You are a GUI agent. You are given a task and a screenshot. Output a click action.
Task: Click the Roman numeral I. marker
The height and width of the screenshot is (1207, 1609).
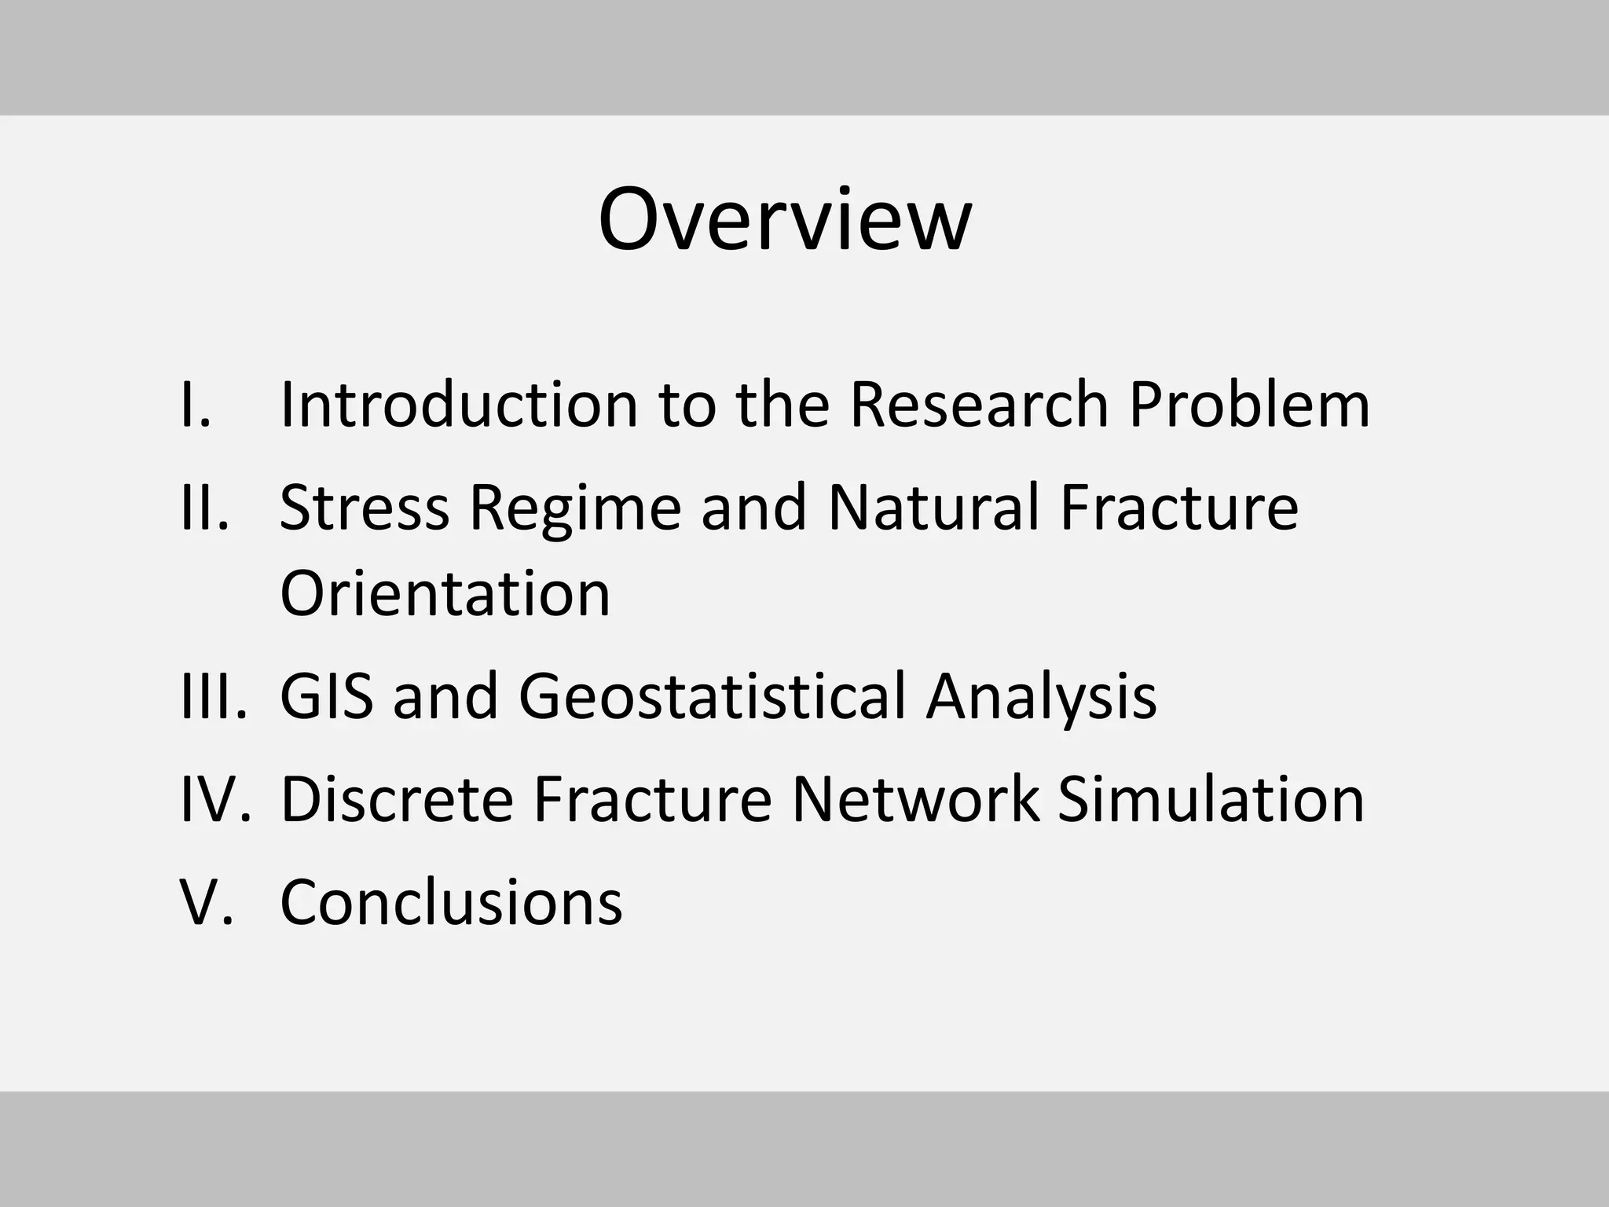coord(196,405)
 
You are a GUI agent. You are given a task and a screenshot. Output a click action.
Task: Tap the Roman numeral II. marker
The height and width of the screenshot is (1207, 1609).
coord(205,508)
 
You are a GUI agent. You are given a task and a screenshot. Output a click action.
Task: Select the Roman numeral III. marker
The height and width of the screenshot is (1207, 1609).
coord(214,696)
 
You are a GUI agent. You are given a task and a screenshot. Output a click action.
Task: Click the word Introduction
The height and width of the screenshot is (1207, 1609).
coord(458,405)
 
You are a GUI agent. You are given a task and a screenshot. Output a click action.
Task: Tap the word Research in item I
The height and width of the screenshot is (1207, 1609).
coord(979,405)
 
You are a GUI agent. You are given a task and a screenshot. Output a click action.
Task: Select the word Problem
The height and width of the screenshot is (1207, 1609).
coord(1249,405)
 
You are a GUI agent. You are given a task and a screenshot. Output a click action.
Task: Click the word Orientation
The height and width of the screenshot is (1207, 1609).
coord(445,593)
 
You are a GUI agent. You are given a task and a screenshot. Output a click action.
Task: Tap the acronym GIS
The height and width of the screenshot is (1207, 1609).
coord(326,696)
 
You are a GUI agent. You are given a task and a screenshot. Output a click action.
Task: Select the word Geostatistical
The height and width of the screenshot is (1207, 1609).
coord(713,696)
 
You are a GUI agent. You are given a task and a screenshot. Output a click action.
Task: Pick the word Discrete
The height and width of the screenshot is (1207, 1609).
coord(396,799)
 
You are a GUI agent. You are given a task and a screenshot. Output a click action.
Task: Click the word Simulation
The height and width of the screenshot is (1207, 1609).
coord(1211,799)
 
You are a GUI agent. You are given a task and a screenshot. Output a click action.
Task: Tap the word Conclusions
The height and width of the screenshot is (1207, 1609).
coord(451,902)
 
